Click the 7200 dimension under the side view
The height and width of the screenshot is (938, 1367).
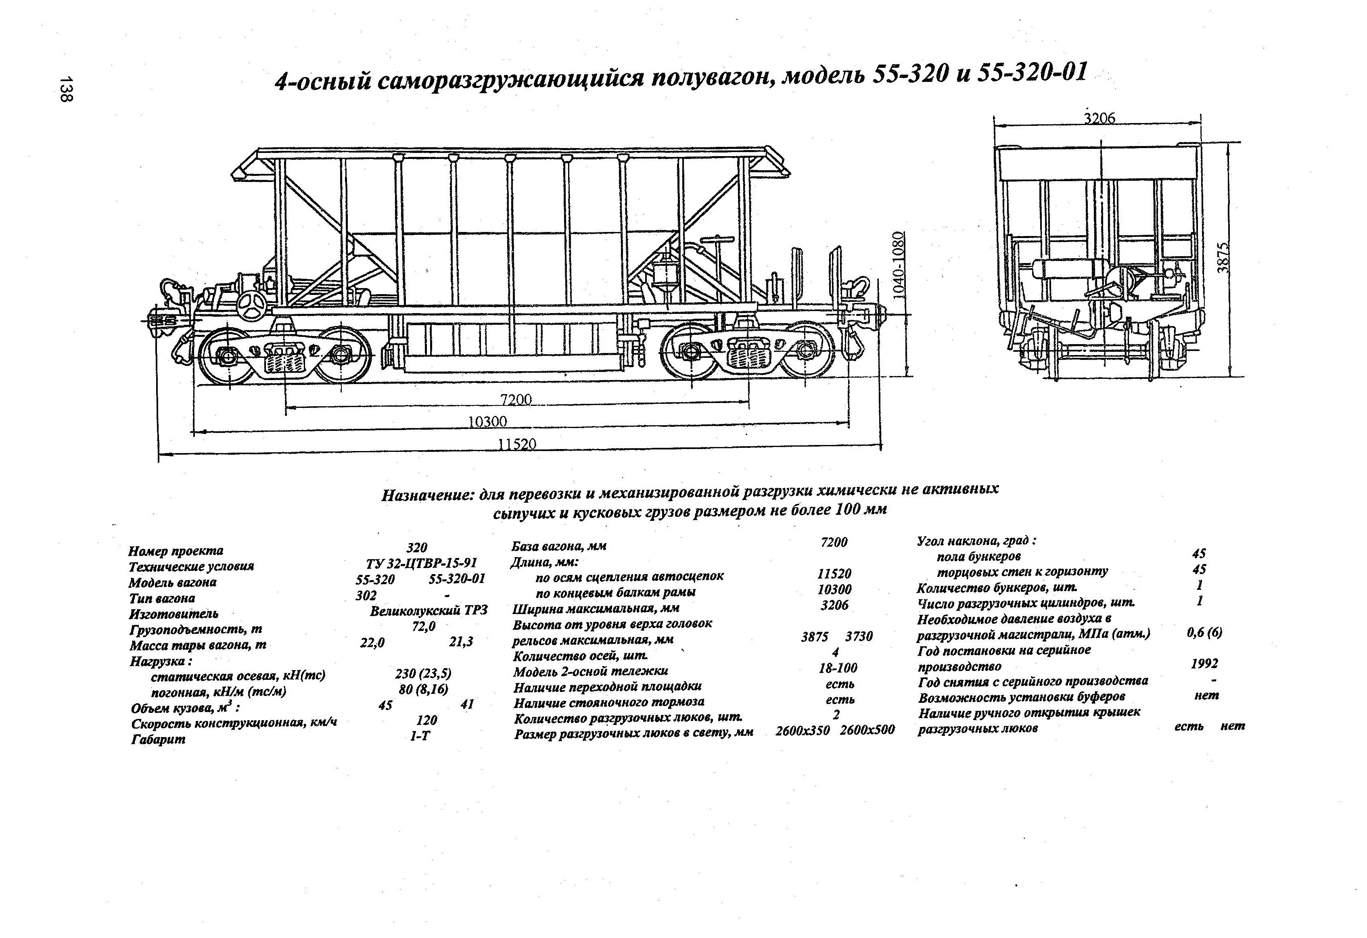point(516,399)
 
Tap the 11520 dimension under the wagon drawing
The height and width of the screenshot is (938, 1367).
point(517,444)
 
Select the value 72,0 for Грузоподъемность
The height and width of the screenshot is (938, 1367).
point(424,627)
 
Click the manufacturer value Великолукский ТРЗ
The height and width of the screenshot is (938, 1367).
point(429,611)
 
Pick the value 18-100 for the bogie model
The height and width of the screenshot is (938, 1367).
point(838,668)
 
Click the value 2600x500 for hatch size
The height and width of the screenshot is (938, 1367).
point(867,730)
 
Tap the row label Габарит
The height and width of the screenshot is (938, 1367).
point(158,739)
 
